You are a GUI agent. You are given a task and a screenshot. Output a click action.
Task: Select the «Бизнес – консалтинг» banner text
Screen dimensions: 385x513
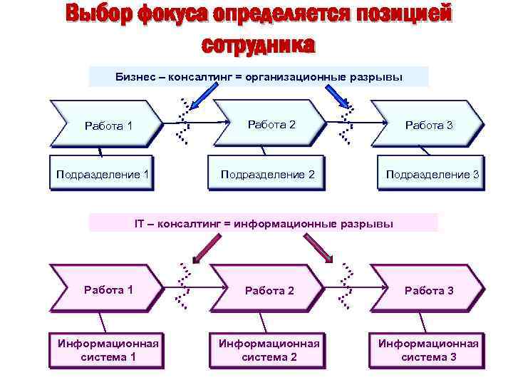tap(259, 76)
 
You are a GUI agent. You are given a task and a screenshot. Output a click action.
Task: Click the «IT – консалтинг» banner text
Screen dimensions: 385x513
tap(264, 223)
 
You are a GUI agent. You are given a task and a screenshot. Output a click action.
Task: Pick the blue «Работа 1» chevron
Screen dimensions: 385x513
tap(107, 125)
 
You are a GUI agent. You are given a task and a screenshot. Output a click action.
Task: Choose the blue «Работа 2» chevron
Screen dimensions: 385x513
tap(271, 125)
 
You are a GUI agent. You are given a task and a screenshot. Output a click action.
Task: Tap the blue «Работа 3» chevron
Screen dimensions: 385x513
tap(428, 125)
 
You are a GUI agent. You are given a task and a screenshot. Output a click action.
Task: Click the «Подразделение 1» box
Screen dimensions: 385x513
tap(102, 174)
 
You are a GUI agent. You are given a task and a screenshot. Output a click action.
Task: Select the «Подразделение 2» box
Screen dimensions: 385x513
tap(266, 174)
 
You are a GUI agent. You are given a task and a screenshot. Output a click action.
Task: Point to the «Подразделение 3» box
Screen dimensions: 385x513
tap(432, 174)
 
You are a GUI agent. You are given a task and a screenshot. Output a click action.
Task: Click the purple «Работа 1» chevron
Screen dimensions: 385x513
tap(107, 289)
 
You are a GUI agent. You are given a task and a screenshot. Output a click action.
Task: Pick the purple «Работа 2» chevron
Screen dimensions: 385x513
tap(269, 290)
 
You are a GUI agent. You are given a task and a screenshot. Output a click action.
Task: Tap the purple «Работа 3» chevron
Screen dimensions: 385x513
tap(428, 290)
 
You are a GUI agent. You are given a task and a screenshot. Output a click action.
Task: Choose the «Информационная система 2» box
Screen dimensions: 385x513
tap(269, 350)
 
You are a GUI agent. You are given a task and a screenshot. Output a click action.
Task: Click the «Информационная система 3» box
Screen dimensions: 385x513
tap(428, 350)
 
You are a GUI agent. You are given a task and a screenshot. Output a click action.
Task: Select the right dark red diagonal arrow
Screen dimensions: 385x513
tap(323, 247)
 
